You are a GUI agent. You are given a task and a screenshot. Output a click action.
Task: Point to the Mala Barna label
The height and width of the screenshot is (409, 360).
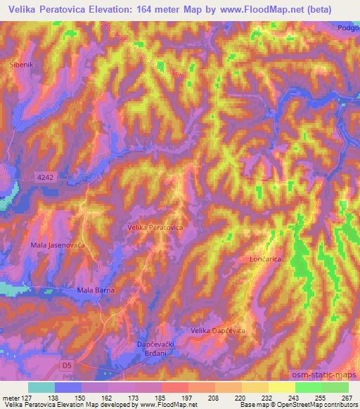click(x=96, y=290)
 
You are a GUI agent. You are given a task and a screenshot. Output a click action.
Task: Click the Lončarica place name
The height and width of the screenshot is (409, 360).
click(x=265, y=259)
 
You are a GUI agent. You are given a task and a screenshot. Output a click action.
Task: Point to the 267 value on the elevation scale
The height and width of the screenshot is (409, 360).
click(x=347, y=398)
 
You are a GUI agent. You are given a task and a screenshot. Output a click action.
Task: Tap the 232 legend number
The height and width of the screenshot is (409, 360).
click(x=268, y=398)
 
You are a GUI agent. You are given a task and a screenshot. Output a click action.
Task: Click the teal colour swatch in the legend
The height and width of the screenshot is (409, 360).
click(x=41, y=387)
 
